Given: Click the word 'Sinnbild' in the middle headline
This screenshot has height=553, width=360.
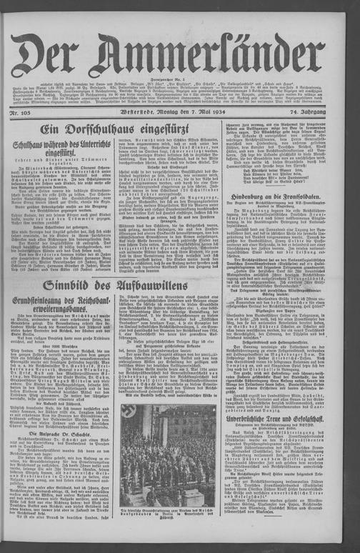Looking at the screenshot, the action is pyautogui.click(x=79, y=286).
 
